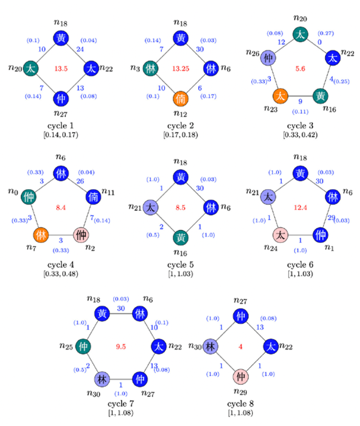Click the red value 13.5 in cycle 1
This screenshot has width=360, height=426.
pos(61,68)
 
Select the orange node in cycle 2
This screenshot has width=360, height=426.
pos(181,98)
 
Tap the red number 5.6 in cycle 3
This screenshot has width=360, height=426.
pos(300,68)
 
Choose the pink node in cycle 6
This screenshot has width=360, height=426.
pos(280,234)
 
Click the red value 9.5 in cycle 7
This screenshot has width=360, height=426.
pos(120,346)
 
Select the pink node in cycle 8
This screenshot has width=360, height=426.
pos(241,375)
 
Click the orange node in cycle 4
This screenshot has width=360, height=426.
pos(41,235)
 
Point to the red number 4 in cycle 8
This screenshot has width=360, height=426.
pos(241,346)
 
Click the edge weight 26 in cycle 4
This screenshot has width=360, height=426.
pos(81,181)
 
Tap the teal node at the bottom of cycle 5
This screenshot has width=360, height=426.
pos(181,237)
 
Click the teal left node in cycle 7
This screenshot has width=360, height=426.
pos(82,346)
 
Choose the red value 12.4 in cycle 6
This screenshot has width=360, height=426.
pos(300,207)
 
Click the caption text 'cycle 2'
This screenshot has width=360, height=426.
pos(181,126)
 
